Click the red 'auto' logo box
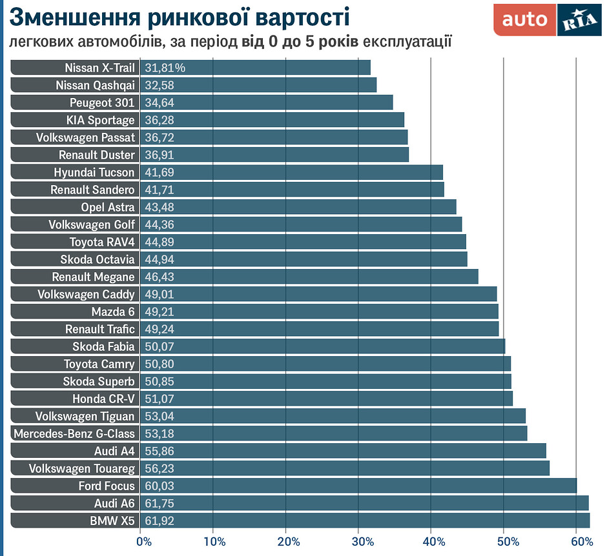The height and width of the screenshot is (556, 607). (524, 20)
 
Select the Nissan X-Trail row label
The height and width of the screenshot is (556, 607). (99, 68)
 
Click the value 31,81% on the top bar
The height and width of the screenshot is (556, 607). (165, 68)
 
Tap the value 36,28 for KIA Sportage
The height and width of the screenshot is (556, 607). (159, 120)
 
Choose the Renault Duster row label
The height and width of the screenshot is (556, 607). (97, 155)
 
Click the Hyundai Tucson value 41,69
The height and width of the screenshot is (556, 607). (159, 172)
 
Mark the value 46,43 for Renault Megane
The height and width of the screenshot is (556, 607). (159, 277)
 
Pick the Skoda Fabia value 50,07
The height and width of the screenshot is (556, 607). (159, 346)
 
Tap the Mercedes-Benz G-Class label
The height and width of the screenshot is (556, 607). (74, 433)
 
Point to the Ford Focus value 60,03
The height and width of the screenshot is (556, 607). (159, 486)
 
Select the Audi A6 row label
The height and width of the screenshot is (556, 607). (114, 503)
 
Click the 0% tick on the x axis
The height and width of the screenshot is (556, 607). (143, 541)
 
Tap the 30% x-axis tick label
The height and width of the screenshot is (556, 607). (360, 541)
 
